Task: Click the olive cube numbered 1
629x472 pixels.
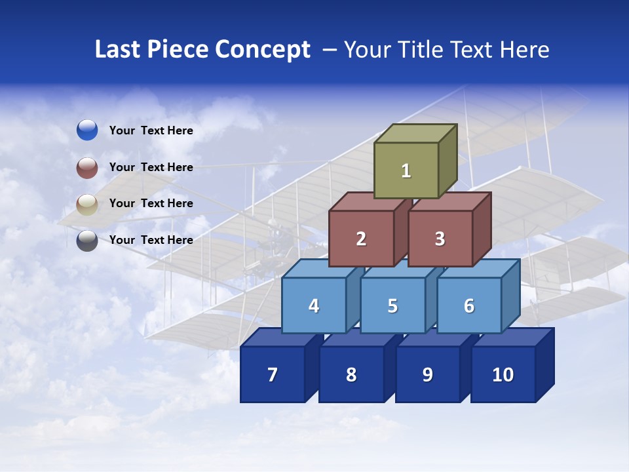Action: (x=406, y=170)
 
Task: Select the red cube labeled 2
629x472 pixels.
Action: (x=361, y=239)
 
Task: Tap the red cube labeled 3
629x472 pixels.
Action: (x=440, y=239)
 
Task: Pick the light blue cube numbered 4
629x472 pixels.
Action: (x=314, y=305)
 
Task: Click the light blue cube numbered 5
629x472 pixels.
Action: (x=392, y=305)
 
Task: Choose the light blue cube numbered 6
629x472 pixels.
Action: (x=468, y=305)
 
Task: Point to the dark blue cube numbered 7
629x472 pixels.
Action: (x=273, y=374)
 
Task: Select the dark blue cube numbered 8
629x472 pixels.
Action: (x=351, y=374)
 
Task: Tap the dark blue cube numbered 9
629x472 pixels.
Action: (x=427, y=374)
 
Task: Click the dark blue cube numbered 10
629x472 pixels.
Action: (x=503, y=374)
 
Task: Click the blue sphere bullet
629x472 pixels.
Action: (x=87, y=130)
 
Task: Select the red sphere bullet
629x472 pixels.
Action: (x=87, y=167)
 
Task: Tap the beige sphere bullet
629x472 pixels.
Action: (x=87, y=204)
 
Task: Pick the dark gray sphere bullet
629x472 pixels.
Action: (x=87, y=241)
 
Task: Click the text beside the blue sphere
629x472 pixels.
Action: (x=151, y=130)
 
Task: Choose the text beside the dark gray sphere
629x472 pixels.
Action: (x=151, y=240)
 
